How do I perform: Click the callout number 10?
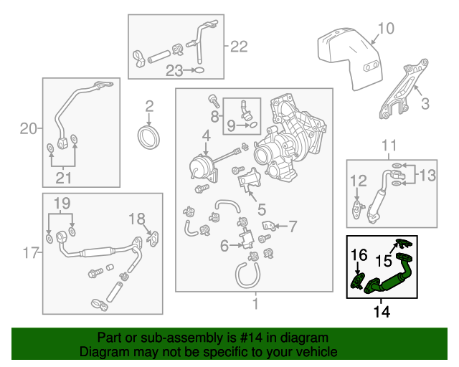pos(386,29)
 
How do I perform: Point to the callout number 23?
pos(174,70)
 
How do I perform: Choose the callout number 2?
pos(149,107)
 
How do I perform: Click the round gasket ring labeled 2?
pos(149,138)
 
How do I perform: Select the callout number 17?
pos(28,252)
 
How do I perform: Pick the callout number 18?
pos(136,218)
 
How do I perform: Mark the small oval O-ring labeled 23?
pos(199,70)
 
